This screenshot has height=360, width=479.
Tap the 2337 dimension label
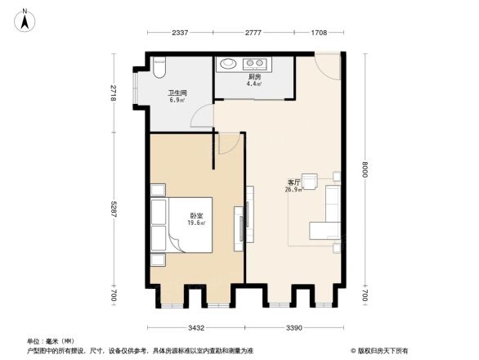(x=181, y=33)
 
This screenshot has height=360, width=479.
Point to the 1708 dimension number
(x=320, y=33)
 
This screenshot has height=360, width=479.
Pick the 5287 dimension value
(x=114, y=218)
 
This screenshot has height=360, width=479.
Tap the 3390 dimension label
(x=294, y=327)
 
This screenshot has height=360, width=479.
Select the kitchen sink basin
(x=229, y=63)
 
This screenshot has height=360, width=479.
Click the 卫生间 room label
(x=177, y=93)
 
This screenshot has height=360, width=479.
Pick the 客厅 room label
(x=293, y=182)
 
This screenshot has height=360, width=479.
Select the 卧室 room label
(x=195, y=215)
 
